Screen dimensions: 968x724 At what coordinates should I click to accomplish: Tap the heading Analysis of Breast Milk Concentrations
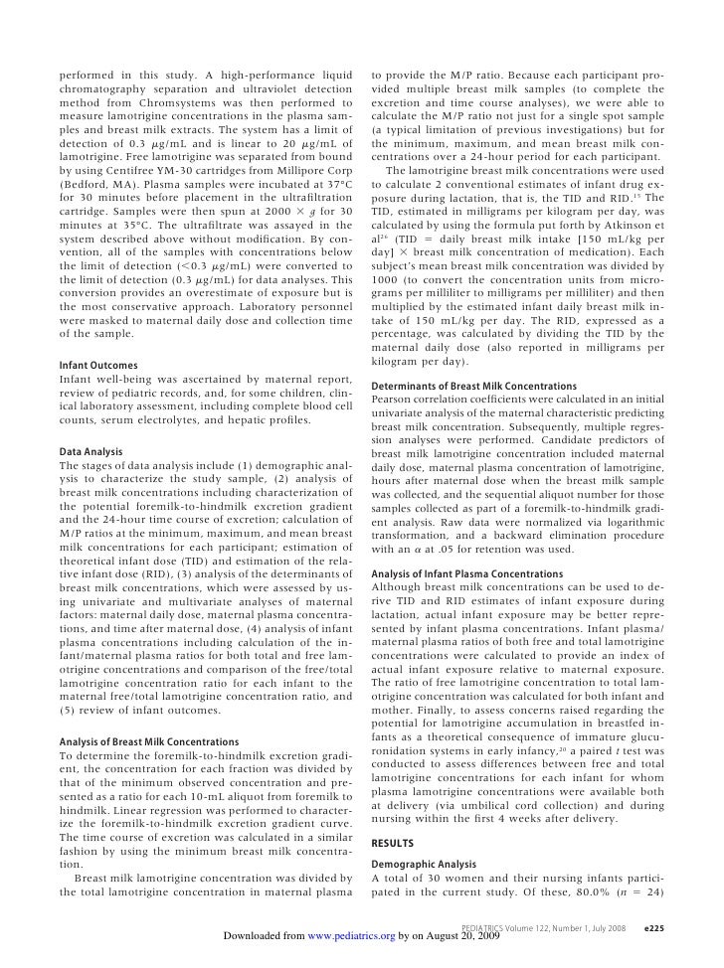point(149,741)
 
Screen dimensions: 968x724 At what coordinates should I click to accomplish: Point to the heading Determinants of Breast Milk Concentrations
point(473,386)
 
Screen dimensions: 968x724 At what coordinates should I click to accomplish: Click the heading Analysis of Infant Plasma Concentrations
point(466,573)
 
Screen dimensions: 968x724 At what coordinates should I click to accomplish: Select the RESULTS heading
point(392,843)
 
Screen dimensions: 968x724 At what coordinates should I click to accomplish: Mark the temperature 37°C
point(338,186)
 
